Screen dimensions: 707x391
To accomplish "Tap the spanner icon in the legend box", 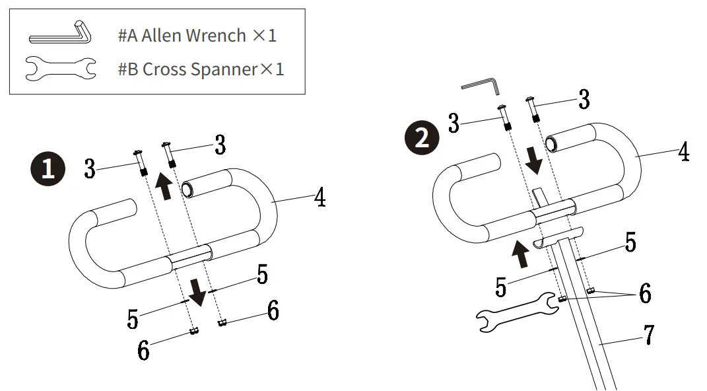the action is [x=61, y=69].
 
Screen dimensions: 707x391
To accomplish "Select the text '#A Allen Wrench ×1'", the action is [x=197, y=35].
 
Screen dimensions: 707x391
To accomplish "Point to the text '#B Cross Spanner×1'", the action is [x=201, y=69].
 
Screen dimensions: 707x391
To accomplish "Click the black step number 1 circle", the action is [x=48, y=169].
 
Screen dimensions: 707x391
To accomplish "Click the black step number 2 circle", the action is [x=422, y=137].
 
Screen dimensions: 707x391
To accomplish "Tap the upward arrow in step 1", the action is [x=164, y=186].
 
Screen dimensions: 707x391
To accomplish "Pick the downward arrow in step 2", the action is [x=534, y=160].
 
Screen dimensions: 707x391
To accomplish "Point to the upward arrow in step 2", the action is [x=521, y=254].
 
